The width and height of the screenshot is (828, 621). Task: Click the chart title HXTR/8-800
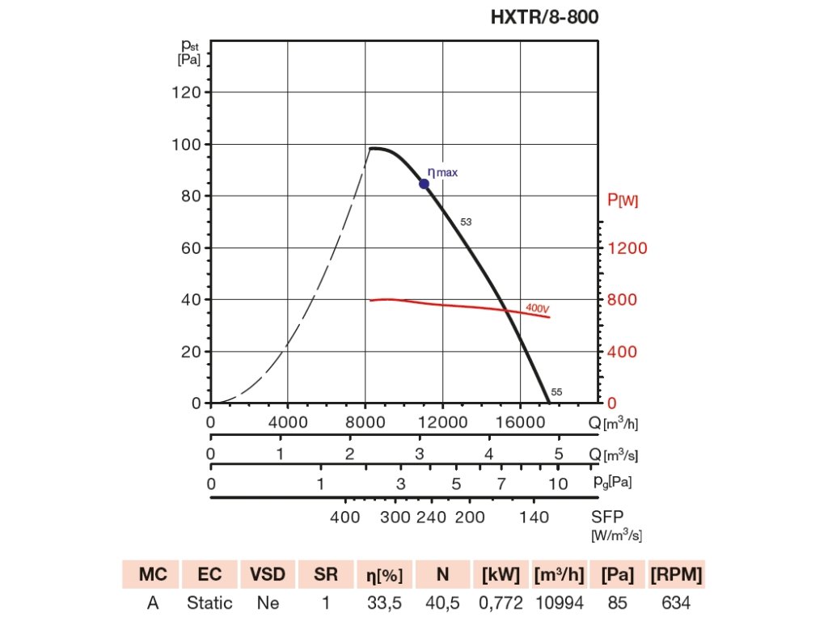point(545,17)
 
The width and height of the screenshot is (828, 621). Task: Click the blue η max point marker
point(424,184)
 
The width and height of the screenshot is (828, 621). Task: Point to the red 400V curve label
point(538,308)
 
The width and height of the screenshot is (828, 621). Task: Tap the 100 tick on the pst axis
point(188,144)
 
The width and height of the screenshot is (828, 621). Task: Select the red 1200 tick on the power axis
point(627,247)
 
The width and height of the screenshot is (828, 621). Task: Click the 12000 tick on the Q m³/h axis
point(444,421)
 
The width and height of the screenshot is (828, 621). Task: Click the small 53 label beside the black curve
point(466,222)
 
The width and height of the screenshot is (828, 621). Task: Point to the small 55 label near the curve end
point(556,392)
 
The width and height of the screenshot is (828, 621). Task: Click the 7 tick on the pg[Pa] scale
point(501,484)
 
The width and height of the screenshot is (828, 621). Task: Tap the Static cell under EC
point(209,602)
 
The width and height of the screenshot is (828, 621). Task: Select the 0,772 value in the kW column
point(501,602)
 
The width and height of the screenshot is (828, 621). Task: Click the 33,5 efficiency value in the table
point(384,602)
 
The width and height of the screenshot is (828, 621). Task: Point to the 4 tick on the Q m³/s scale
point(488,454)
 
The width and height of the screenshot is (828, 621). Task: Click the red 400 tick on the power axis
point(623,351)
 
